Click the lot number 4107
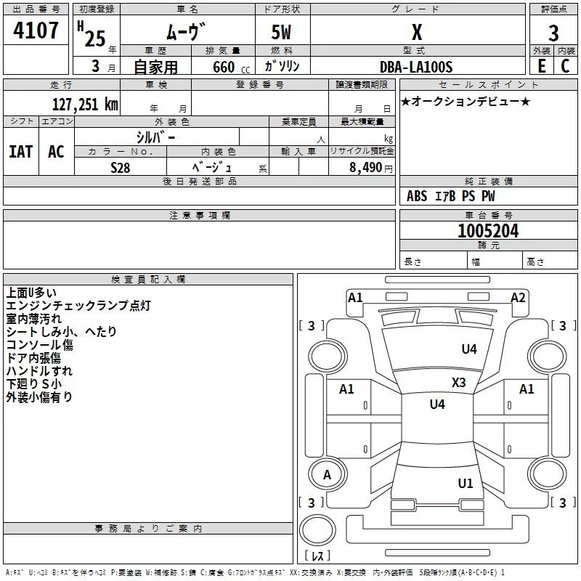coord(36,31)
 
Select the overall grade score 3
coord(553,33)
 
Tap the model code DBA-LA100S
coord(416,67)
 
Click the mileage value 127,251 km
coord(85,105)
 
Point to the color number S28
coord(121,168)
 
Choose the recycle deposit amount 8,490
coord(366,168)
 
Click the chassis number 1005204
coord(488,231)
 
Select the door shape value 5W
coord(281,32)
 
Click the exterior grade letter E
coord(542,66)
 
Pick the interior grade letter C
coord(565,66)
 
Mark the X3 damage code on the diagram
coord(458,383)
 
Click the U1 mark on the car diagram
coord(466,483)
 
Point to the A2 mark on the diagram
coord(518,298)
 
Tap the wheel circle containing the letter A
coord(328,474)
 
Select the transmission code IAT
coord(21,152)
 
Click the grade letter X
coord(417,32)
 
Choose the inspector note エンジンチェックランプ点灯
coord(78,306)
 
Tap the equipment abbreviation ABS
coord(417,195)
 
